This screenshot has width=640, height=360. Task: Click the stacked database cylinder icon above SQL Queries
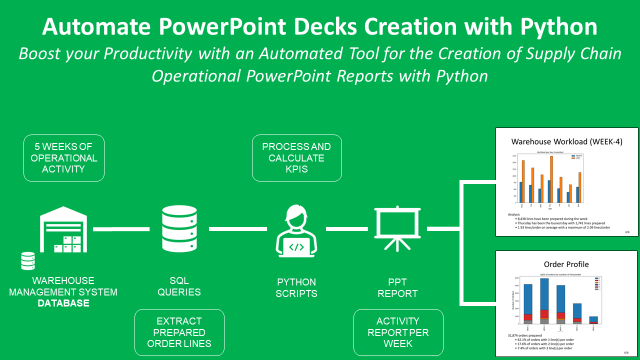point(179,230)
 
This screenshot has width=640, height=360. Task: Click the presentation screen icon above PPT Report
point(389,230)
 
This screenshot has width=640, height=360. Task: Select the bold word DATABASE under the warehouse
point(68,302)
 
